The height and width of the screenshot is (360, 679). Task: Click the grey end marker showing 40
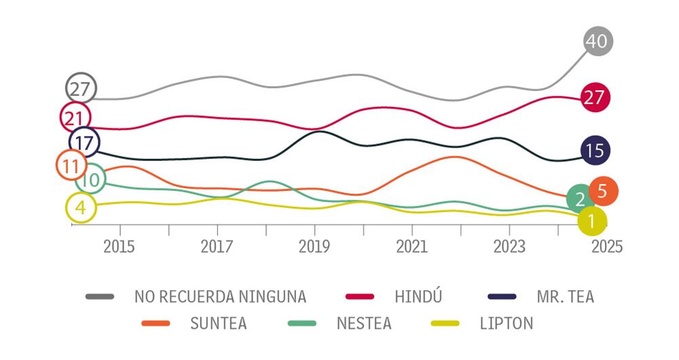click(x=598, y=41)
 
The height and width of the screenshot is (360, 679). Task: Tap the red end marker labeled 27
click(x=595, y=98)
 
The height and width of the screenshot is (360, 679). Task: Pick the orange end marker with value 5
click(x=603, y=192)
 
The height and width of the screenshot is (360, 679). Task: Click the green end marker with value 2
click(x=581, y=199)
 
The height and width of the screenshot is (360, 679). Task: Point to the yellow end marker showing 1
click(x=592, y=220)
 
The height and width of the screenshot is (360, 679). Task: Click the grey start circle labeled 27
click(x=81, y=88)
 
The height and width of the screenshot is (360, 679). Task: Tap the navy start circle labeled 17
click(x=85, y=143)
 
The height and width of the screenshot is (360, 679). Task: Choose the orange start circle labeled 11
click(x=71, y=165)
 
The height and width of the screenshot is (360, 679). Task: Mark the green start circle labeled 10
click(x=91, y=179)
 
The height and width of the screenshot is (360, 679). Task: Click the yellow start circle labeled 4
click(x=81, y=208)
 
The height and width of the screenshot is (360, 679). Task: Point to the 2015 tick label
click(x=120, y=247)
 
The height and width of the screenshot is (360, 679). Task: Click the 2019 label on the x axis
click(x=314, y=247)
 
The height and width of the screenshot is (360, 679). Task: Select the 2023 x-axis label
click(x=509, y=247)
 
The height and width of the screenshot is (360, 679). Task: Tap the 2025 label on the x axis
click(x=606, y=247)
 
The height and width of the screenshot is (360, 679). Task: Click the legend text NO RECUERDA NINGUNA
click(x=221, y=296)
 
